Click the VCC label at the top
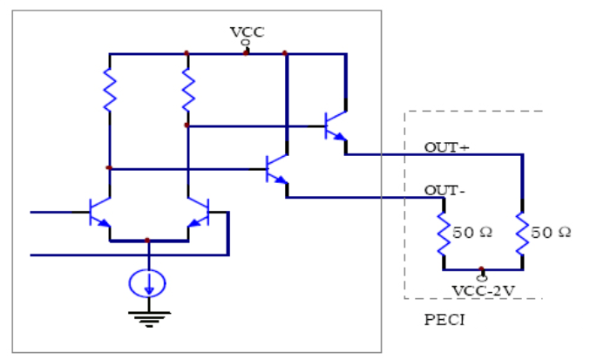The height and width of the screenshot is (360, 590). [247, 31]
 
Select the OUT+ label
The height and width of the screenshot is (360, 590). [446, 147]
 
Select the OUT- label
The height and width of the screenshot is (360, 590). [444, 190]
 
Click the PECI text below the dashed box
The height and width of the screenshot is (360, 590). [444, 320]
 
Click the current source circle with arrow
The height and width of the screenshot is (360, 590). [148, 282]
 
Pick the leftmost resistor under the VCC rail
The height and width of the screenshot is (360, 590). [109, 91]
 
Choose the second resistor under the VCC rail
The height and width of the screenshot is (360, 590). [187, 91]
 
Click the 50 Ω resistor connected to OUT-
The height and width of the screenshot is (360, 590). [442, 234]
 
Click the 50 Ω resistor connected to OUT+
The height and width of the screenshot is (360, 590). [521, 234]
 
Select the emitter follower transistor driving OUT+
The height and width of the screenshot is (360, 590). [335, 126]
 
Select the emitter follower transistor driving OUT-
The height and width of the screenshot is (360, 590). [276, 168]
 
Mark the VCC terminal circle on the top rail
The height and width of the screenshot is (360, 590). [246, 43]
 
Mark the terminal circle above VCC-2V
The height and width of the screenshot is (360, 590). [481, 277]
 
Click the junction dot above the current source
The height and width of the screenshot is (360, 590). [148, 240]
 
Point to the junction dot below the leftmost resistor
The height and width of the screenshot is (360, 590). [109, 167]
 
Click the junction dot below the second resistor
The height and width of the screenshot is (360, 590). [187, 126]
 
